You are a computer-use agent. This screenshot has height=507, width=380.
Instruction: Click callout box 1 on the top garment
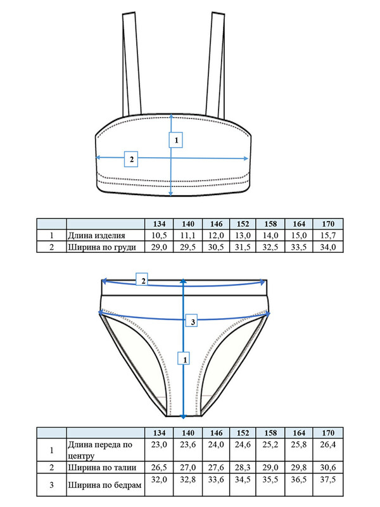click(176, 139)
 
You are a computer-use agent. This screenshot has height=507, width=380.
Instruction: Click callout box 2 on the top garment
click(131, 159)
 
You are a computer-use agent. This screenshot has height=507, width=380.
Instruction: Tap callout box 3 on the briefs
click(192, 321)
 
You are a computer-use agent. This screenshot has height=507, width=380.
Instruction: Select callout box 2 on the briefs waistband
click(142, 279)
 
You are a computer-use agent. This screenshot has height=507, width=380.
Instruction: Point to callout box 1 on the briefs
click(184, 358)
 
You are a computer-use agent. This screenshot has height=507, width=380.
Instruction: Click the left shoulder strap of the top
click(132, 64)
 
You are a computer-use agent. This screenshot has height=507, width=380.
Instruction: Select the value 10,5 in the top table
click(160, 235)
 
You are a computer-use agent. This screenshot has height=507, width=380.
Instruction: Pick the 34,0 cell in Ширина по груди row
click(328, 247)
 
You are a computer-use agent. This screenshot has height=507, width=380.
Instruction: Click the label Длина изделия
click(96, 235)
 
